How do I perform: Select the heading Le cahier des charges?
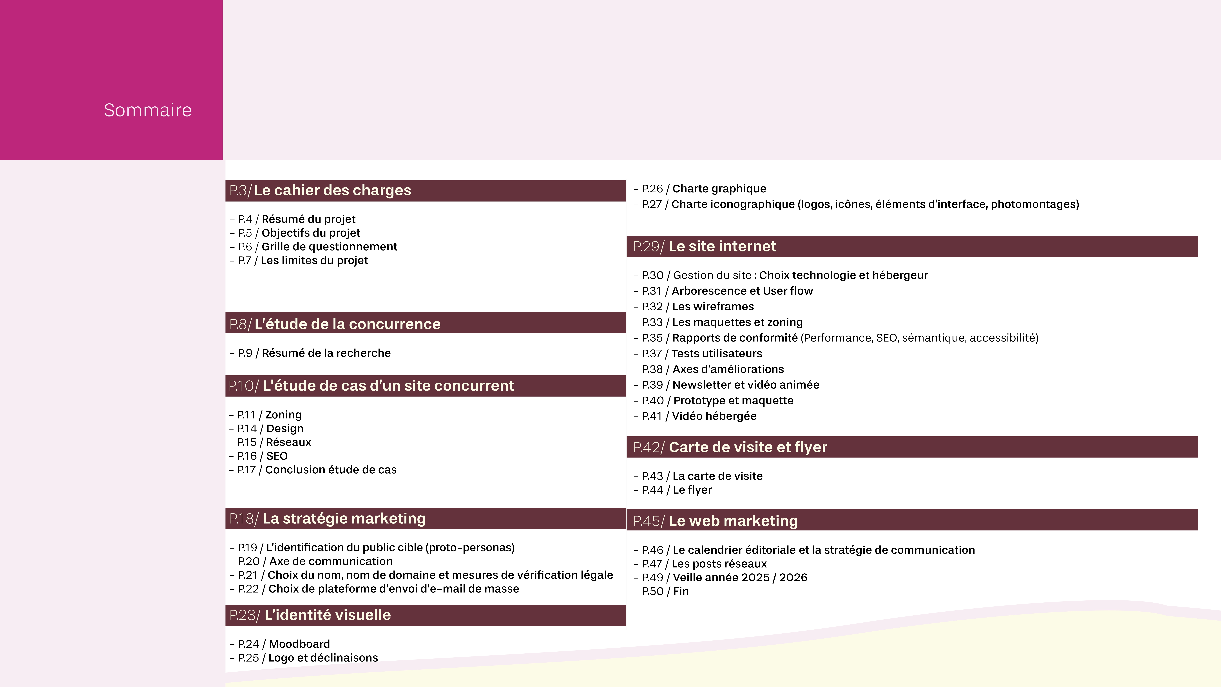[x=332, y=190]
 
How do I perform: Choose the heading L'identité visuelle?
[x=328, y=615]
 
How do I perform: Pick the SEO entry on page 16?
[x=277, y=456]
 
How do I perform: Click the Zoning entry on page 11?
[x=283, y=415]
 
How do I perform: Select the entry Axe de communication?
[x=331, y=561]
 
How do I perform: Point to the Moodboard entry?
[x=299, y=644]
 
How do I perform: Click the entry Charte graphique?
[x=719, y=189]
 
